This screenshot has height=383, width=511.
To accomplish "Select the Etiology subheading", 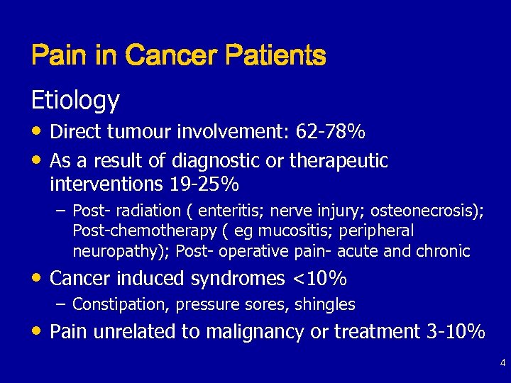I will coord(75,101).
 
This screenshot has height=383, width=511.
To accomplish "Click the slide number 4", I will coord(502,363).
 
